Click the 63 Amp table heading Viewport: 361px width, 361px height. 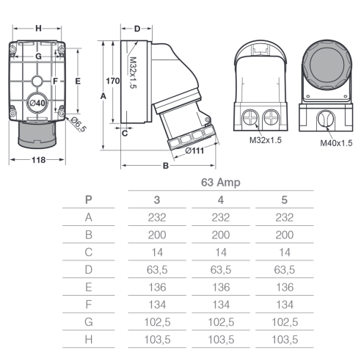pos(221,183)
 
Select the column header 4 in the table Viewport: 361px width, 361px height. pos(221,200)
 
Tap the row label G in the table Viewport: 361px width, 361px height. pos(89,322)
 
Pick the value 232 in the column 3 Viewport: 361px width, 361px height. pos(157,217)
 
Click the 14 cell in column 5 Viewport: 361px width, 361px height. pos(285,252)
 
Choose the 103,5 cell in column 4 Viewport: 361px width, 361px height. pos(221,340)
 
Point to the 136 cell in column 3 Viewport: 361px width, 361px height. pos(157,287)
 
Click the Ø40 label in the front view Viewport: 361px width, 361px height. pos(37,103)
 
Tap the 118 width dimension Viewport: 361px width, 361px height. pos(38,160)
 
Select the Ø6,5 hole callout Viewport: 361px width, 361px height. pos(79,125)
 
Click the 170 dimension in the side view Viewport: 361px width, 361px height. pos(113,81)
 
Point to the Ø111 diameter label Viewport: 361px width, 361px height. pos(194,150)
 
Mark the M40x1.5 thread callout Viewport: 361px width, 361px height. pos(336,143)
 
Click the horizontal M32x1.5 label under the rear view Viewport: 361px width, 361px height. pos(266,140)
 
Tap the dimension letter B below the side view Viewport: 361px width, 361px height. pos(166,166)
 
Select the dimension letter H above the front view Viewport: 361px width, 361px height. pos(38,29)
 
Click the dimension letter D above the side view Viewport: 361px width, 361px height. pos(137,29)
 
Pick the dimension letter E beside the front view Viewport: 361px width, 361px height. pos(78,81)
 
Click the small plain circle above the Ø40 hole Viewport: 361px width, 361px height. pos(37,81)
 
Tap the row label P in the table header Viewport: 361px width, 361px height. pos(88,200)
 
